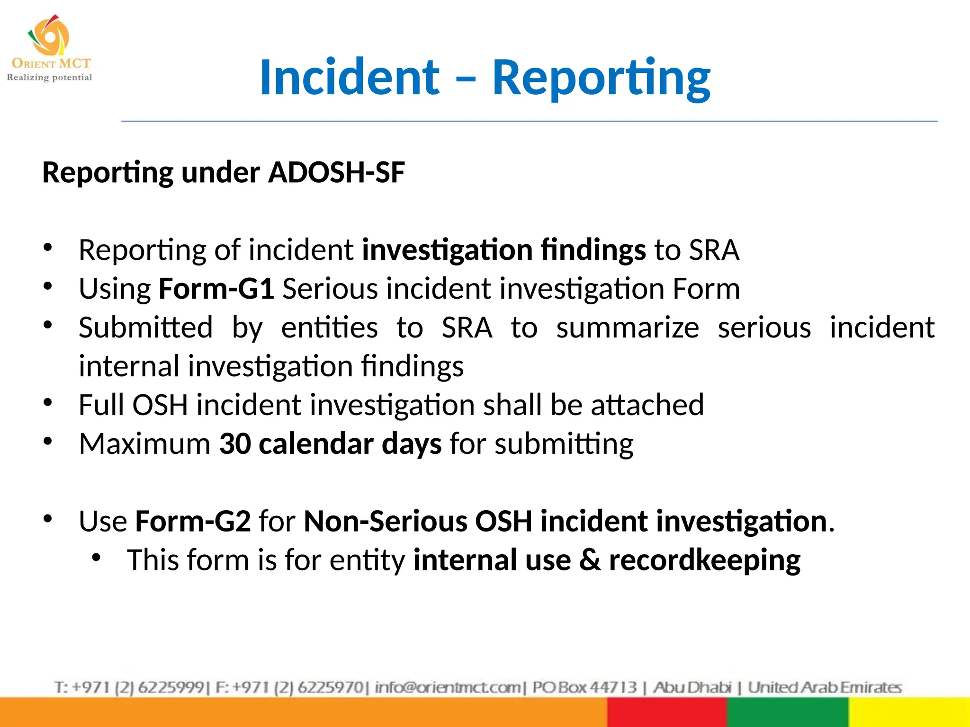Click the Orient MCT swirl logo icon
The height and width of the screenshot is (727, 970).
[49, 35]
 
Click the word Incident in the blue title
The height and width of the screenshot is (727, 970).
[350, 77]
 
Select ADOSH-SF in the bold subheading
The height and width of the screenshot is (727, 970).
[336, 172]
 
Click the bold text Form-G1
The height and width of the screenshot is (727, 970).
[216, 289]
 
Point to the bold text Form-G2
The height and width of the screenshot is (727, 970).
[193, 521]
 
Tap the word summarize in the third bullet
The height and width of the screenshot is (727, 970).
[627, 328]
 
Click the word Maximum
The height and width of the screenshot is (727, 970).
[144, 444]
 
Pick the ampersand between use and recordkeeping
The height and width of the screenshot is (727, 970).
[590, 560]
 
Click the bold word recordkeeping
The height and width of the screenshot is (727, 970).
[704, 560]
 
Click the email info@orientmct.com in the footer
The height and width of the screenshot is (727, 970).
[448, 687]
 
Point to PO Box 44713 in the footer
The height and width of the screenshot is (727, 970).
[584, 687]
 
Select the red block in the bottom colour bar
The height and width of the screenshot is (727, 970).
[666, 712]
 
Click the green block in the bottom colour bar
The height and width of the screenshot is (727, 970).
[787, 712]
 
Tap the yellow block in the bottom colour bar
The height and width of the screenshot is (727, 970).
[908, 712]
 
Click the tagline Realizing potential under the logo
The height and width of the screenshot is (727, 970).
[49, 77]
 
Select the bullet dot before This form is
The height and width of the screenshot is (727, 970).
[97, 558]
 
